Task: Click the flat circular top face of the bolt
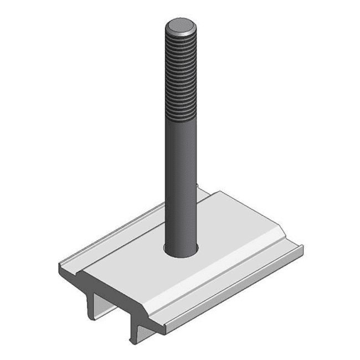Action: pos(181,25)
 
